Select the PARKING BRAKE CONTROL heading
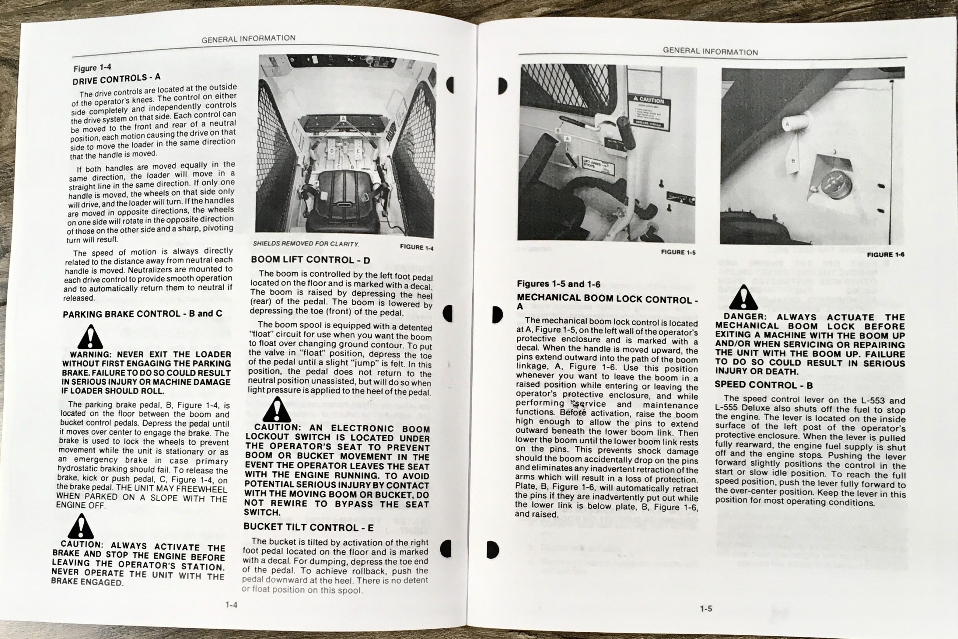(142, 314)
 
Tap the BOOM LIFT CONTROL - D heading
(311, 260)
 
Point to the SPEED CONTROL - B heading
(763, 385)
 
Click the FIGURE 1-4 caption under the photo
(416, 247)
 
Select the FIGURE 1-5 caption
(678, 252)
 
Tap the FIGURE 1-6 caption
(885, 255)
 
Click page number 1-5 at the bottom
(706, 609)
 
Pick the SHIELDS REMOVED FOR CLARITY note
(306, 244)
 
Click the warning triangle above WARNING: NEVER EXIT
(90, 337)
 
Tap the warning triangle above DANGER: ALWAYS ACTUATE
(743, 298)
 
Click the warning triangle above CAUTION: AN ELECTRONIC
(277, 410)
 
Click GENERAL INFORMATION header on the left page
(248, 39)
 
